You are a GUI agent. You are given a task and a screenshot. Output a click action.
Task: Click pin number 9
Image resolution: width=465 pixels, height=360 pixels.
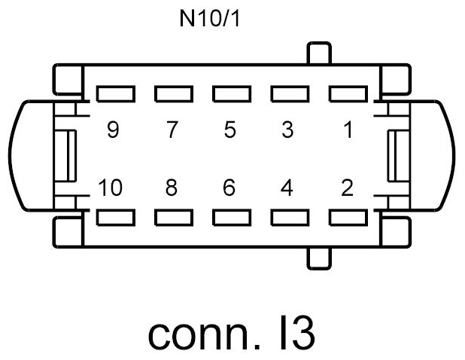click(114, 130)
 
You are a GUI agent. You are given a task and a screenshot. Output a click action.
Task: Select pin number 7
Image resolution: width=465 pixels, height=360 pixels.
click(172, 130)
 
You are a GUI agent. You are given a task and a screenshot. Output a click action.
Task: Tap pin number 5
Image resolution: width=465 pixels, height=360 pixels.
click(229, 130)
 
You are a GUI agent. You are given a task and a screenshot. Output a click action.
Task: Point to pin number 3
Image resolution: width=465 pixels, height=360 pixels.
click(287, 130)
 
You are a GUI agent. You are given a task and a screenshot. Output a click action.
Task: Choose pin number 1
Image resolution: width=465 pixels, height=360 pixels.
click(347, 130)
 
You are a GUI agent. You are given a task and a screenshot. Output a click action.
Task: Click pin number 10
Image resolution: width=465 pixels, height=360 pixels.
click(110, 188)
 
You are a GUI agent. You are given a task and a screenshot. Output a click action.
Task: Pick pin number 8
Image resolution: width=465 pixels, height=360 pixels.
click(172, 188)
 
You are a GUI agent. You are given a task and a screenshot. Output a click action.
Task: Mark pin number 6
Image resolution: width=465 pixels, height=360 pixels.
click(229, 188)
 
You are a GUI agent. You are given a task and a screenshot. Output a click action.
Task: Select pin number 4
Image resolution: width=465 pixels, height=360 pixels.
click(287, 188)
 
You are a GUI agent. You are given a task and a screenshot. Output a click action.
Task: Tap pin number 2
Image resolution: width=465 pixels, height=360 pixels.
click(347, 188)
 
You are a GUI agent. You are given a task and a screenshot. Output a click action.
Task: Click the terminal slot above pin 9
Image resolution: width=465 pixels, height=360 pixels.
click(115, 94)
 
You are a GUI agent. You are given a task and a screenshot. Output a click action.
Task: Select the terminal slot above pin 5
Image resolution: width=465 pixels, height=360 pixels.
click(231, 94)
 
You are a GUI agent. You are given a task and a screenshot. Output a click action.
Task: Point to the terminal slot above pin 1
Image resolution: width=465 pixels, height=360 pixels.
click(347, 94)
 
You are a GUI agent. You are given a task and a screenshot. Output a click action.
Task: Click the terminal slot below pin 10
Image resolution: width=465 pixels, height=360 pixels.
click(115, 218)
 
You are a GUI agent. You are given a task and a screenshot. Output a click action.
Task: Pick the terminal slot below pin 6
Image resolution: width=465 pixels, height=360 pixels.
click(231, 218)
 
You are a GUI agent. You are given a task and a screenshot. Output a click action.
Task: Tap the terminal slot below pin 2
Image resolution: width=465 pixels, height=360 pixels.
click(347, 218)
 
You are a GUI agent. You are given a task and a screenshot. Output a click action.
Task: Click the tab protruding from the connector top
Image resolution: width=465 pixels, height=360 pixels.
click(319, 54)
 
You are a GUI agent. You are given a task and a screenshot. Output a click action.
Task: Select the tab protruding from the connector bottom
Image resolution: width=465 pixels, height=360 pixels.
click(319, 256)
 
